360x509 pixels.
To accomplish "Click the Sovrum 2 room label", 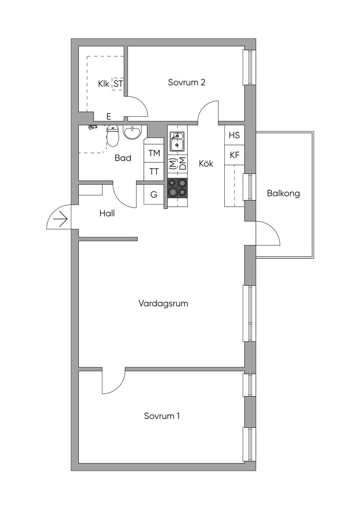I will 186,83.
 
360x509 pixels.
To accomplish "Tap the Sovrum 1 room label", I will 162,416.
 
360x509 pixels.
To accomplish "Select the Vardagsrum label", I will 163,303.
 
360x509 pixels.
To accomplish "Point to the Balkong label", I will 283,193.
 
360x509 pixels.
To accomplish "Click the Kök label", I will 206,163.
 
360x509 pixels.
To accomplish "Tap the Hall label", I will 107,213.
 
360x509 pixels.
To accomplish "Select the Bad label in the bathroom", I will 123,158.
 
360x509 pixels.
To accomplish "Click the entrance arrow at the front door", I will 60,220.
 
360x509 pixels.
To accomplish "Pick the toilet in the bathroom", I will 113,136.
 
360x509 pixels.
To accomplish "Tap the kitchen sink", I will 176,141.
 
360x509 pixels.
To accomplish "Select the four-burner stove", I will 177,188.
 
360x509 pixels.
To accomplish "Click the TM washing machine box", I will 154,153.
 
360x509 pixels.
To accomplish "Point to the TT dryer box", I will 154,172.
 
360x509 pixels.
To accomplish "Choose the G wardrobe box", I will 154,194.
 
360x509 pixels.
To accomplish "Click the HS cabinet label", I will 234,135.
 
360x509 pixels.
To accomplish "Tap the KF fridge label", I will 234,155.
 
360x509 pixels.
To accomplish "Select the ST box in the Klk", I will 118,84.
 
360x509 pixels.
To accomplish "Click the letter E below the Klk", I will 109,117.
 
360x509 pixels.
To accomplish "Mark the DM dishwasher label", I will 182,164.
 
